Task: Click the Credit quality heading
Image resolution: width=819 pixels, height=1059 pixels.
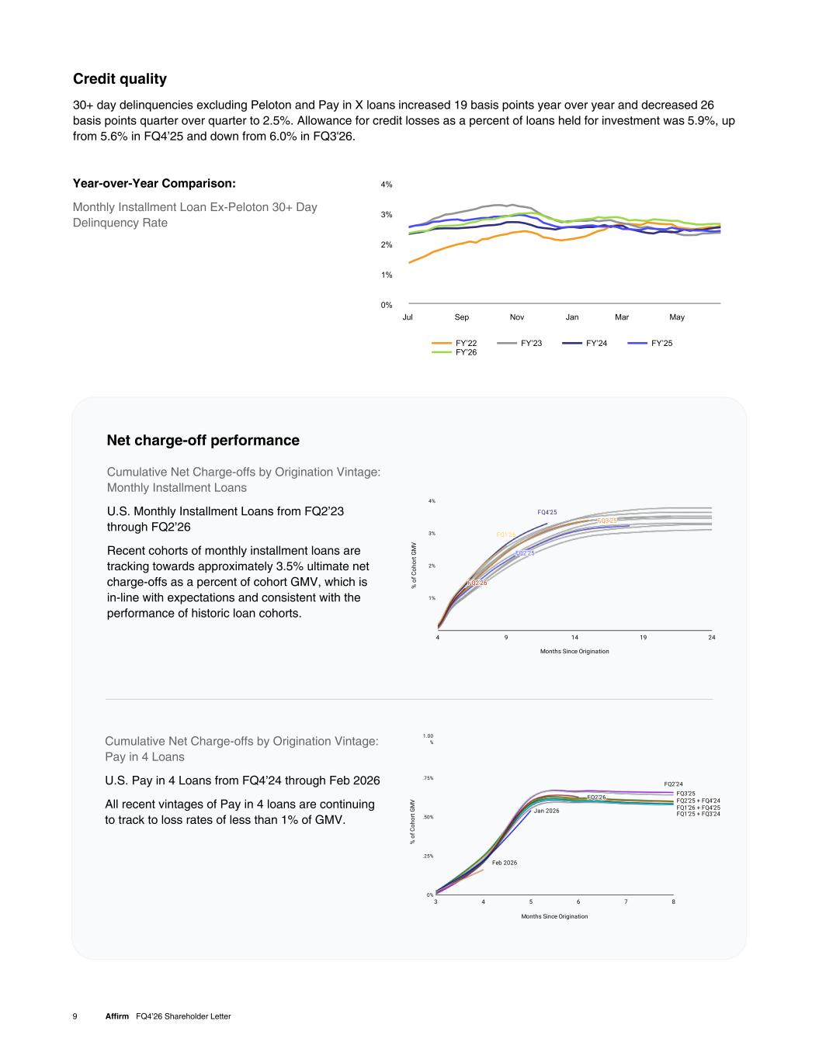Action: [120, 78]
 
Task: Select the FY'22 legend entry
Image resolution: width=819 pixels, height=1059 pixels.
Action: [454, 343]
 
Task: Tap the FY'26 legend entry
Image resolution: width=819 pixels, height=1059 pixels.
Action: [454, 352]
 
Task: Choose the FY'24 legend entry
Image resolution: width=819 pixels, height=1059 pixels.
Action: [585, 343]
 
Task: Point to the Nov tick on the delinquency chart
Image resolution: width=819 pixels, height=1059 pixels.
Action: [517, 317]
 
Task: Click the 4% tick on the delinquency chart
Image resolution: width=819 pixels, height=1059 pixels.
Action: [387, 185]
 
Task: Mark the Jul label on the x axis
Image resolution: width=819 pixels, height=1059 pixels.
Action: [408, 317]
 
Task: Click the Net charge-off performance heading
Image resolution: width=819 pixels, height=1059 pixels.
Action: [203, 440]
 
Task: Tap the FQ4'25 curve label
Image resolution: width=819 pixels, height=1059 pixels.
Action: [547, 512]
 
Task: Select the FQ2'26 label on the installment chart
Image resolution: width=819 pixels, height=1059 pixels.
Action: [477, 583]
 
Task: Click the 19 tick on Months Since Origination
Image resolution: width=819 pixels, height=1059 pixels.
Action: [643, 638]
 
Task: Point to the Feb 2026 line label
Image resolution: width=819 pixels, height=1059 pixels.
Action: [505, 863]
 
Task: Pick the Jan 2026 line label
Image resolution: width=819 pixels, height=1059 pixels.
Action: [547, 811]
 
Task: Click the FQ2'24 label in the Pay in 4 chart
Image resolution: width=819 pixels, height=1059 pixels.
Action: [673, 784]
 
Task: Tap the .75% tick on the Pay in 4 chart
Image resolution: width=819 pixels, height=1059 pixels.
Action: [428, 778]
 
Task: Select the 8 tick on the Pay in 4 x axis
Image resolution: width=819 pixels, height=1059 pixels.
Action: [673, 902]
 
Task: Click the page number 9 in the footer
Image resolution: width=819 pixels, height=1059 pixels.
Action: [75, 1016]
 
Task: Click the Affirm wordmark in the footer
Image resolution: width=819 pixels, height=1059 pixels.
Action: [117, 1016]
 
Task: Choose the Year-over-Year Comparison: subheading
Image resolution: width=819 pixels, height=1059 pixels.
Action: [154, 183]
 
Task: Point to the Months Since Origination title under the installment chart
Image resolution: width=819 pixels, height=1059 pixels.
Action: [574, 651]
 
